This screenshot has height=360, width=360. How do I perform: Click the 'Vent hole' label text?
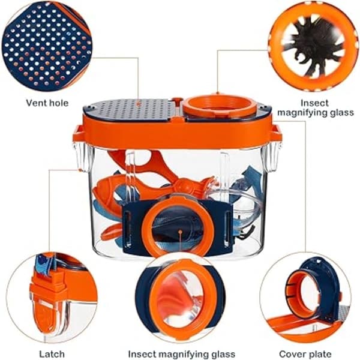point(47,103)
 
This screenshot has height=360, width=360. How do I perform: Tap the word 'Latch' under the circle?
point(52,354)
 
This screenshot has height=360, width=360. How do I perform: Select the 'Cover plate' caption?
point(305,354)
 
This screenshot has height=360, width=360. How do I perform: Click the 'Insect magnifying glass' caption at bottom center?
point(182,354)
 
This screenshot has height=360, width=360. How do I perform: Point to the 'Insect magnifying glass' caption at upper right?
point(315,107)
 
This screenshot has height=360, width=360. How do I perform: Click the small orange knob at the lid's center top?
point(177,100)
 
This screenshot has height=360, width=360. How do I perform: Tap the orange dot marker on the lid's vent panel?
point(138,104)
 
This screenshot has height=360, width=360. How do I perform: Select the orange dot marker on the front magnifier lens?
point(181,232)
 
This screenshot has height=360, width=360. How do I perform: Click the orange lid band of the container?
point(177,131)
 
